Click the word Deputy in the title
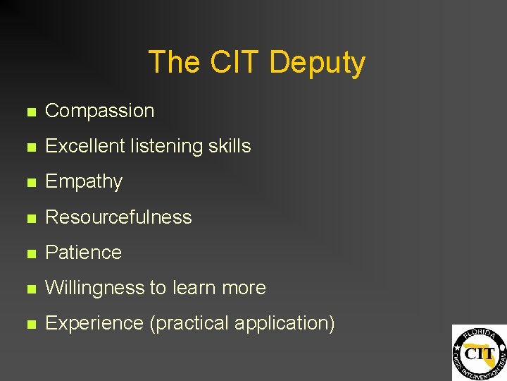pyautogui.click(x=317, y=63)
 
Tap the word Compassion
pyautogui.click(x=99, y=111)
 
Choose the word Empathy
pyautogui.click(x=83, y=182)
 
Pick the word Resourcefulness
pyautogui.click(x=118, y=217)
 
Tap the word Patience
pyautogui.click(x=83, y=252)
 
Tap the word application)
pyautogui.click(x=284, y=323)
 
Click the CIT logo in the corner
pyautogui.click(x=479, y=352)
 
